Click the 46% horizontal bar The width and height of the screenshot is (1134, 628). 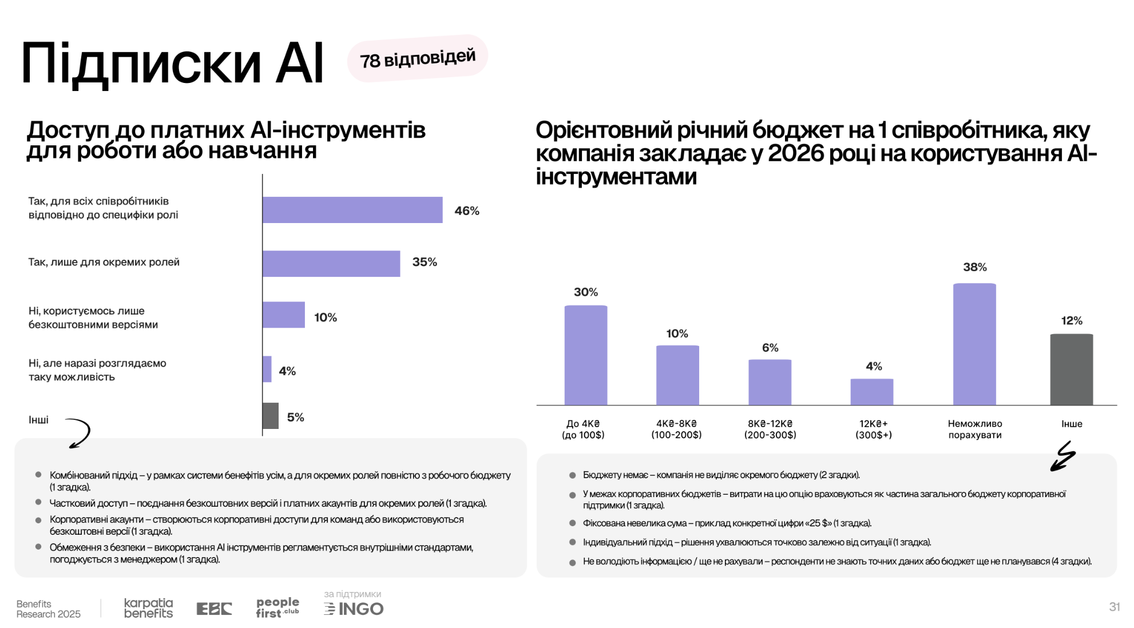tap(352, 210)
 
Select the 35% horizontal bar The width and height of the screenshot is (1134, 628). tap(331, 264)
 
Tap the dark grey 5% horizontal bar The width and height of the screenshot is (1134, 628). tap(271, 416)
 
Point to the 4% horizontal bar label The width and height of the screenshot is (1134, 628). tap(287, 371)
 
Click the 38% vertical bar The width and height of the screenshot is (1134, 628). tap(974, 344)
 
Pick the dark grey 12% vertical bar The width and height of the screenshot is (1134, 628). tap(1071, 369)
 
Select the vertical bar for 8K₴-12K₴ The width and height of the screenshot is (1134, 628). tap(770, 382)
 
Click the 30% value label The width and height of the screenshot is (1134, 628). tap(586, 292)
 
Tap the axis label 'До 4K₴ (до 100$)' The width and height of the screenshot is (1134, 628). tap(583, 429)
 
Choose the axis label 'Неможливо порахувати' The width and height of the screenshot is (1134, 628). tap(975, 429)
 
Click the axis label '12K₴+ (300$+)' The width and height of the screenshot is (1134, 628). tap(873, 429)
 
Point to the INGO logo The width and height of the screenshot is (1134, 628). tap(354, 609)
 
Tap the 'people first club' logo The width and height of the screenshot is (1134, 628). tap(277, 607)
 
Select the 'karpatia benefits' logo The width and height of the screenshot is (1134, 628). tap(148, 608)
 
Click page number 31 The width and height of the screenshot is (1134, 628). tap(1114, 607)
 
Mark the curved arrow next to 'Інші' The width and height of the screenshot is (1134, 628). tap(79, 433)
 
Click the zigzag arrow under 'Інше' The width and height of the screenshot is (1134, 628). tap(1063, 456)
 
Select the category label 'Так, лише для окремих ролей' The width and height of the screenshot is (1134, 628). tap(104, 263)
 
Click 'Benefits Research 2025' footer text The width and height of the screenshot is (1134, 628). tap(49, 609)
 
